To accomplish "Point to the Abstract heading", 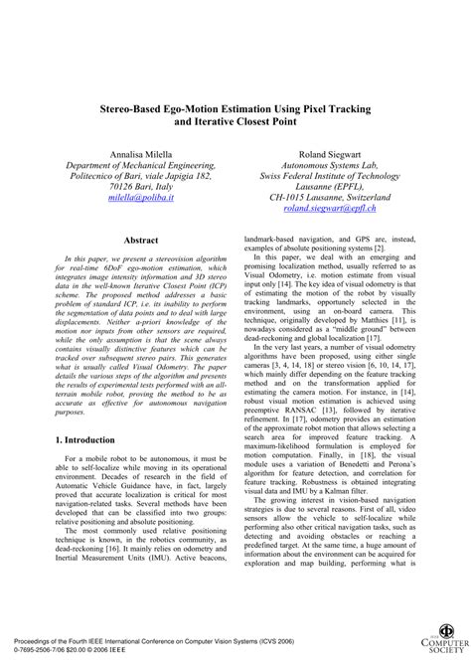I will [x=140, y=242].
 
